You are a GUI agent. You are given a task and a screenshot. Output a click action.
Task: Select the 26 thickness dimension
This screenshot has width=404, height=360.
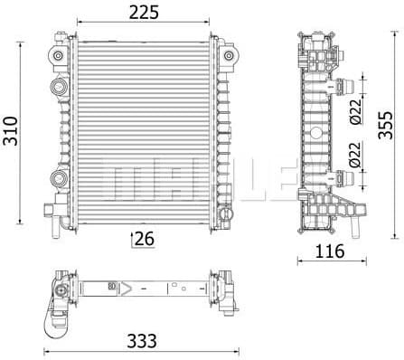coord(144,239)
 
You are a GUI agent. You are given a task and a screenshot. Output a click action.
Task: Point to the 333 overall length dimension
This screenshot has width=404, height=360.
coord(143,341)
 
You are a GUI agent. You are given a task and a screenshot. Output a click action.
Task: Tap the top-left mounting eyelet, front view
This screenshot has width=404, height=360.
coord(59,56)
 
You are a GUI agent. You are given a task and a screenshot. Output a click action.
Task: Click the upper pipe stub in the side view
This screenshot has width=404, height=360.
coord(344,88)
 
